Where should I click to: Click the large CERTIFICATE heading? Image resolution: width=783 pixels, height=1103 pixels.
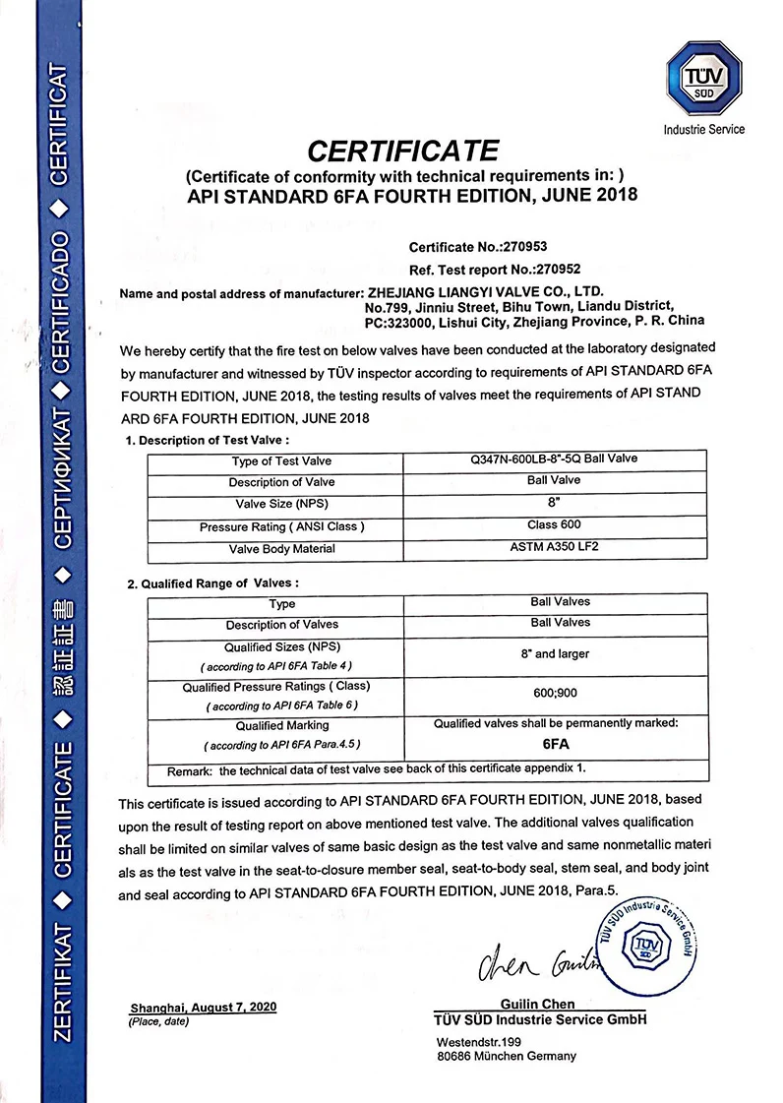(403, 151)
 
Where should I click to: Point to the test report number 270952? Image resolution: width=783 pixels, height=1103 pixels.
(552, 269)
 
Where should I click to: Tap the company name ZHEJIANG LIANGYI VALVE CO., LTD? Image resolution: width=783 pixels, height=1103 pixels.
(483, 292)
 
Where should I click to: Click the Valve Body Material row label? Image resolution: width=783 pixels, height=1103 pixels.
(281, 549)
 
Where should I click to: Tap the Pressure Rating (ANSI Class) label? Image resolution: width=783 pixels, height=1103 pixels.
(281, 527)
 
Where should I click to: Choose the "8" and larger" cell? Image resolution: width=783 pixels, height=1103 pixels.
(560, 652)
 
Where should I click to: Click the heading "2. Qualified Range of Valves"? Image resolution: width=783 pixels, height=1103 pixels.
(212, 583)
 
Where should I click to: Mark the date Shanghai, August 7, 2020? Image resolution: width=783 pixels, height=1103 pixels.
(204, 1008)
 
